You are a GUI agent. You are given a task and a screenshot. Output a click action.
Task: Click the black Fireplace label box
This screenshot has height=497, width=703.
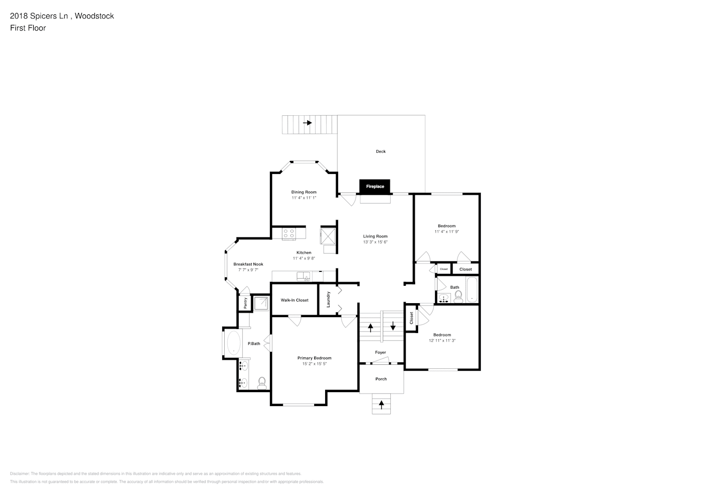375,186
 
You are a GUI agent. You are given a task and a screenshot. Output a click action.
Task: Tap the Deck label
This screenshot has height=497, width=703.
380,152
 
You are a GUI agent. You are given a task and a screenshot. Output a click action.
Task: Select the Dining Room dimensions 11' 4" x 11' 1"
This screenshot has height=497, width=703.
304,198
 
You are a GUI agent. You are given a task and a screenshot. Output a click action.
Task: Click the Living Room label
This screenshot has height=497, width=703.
375,237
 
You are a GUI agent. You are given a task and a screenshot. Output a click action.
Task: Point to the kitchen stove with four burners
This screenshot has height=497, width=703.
288,233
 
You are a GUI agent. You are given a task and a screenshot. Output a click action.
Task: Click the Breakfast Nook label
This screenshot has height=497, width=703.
248,264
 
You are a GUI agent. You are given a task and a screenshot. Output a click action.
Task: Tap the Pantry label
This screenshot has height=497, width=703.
245,303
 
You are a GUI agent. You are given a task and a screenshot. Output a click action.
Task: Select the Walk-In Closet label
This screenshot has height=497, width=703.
294,300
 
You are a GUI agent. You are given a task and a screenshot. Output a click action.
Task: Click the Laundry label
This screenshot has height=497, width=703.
328,300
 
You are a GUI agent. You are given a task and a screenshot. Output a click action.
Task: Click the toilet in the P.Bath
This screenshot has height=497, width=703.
262,383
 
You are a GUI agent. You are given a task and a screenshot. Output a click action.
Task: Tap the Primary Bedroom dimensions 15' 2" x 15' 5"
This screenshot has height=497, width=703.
314,364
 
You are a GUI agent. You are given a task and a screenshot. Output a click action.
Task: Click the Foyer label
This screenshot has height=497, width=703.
380,352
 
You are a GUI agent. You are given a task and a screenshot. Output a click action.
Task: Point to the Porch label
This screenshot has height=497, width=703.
381,379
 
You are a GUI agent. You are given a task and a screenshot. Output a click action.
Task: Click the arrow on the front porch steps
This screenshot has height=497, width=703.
381,405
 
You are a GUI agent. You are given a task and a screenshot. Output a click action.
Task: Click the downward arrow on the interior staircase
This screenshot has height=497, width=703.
393,326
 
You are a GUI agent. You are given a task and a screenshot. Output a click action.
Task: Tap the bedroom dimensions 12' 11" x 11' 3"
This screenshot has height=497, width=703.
442,341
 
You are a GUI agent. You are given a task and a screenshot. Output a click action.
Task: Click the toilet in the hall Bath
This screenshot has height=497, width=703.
458,298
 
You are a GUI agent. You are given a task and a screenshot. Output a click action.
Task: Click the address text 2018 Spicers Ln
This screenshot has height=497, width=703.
40,16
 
